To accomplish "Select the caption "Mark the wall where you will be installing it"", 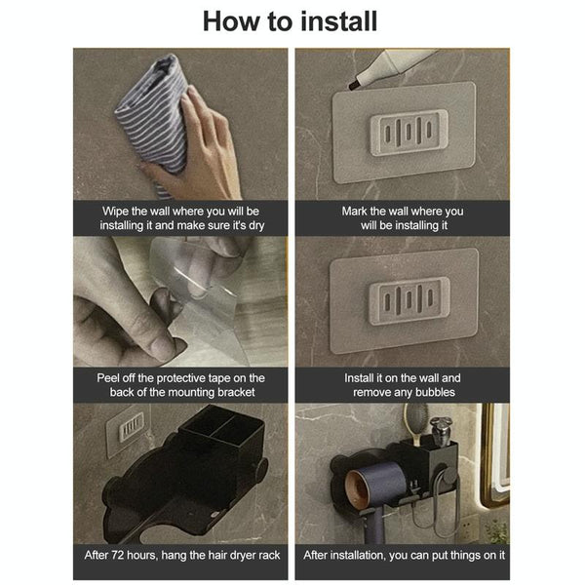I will (403, 217).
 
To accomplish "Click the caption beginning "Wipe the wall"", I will (181, 217).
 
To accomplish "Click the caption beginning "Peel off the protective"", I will (181, 384).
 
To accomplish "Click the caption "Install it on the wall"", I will (403, 384).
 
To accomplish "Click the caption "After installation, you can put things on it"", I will (403, 555).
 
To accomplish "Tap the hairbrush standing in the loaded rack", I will (415, 429).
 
